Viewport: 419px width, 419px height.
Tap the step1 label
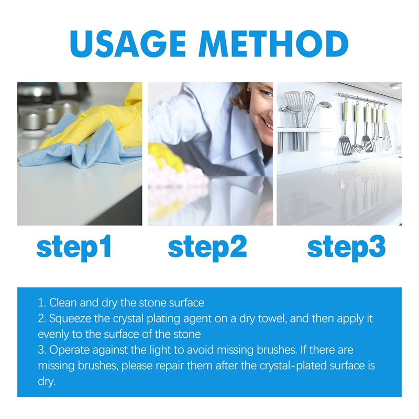74,247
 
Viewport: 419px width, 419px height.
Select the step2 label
207,247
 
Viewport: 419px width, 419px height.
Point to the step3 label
346,247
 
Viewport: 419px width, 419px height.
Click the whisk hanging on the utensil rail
387,131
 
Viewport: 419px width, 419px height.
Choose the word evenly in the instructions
51,334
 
